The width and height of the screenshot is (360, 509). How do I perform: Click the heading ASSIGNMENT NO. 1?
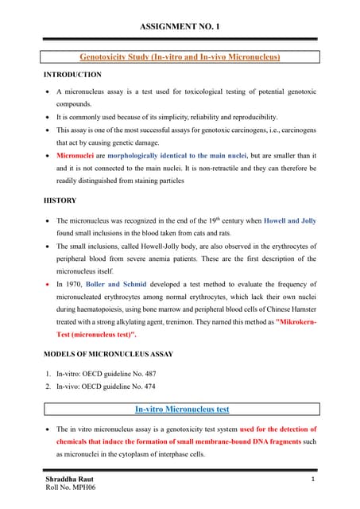tap(180, 27)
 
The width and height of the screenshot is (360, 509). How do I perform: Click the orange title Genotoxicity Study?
tap(180, 56)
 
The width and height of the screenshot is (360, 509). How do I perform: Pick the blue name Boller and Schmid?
tap(120, 281)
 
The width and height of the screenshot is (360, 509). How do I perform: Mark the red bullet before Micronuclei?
tap(48, 155)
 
